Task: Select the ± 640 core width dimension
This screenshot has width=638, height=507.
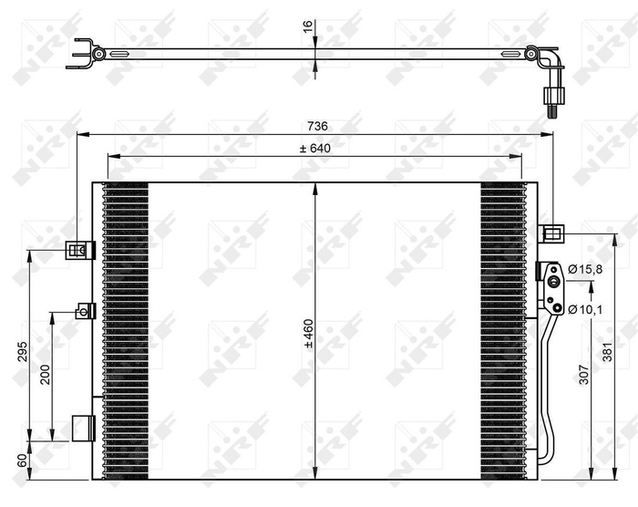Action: click(314, 147)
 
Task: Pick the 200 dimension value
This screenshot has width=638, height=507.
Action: click(44, 374)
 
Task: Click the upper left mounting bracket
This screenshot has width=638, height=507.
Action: click(79, 248)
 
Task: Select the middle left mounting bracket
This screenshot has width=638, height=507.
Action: click(85, 311)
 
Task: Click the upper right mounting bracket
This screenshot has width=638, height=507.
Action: click(552, 233)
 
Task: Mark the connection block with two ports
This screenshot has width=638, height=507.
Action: click(551, 285)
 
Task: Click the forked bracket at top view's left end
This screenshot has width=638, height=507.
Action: click(83, 53)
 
